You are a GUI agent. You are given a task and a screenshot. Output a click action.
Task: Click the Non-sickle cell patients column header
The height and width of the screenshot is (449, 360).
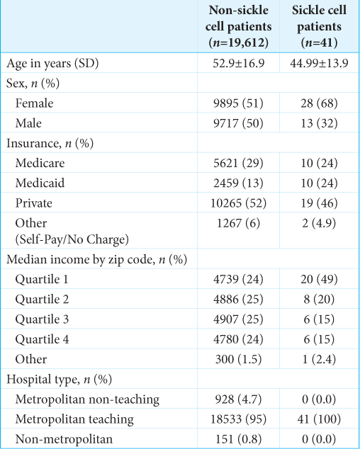[x=239, y=26]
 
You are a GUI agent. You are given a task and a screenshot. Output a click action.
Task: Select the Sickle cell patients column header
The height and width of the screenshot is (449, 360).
[x=319, y=26]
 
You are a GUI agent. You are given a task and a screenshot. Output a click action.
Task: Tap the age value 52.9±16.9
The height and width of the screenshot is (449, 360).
[x=239, y=63]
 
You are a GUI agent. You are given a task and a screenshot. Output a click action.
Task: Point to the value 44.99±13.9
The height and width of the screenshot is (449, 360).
[x=319, y=63]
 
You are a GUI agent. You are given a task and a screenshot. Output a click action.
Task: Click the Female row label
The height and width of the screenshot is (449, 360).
[x=34, y=103]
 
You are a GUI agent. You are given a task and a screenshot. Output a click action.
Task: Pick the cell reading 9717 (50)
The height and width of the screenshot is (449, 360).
[x=239, y=123]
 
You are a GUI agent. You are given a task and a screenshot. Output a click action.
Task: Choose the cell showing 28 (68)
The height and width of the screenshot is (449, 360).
[x=319, y=103]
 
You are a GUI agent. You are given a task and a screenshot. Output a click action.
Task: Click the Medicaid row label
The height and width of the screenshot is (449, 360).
[x=40, y=183]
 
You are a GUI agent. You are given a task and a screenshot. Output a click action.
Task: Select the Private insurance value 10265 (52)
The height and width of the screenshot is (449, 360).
[x=239, y=203]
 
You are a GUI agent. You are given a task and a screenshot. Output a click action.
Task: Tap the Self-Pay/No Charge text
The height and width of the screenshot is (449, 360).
[x=72, y=239]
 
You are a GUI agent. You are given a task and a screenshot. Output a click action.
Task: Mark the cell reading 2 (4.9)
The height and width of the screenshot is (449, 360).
[x=319, y=223]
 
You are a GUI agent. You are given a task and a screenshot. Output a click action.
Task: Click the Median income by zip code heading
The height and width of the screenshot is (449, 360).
[x=96, y=259]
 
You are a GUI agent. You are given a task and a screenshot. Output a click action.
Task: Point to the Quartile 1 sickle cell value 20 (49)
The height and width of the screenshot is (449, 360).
[x=319, y=279]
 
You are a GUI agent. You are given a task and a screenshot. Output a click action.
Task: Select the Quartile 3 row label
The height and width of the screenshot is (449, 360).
[x=42, y=319]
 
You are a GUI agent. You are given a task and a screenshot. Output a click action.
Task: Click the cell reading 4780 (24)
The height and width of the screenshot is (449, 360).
[x=239, y=339]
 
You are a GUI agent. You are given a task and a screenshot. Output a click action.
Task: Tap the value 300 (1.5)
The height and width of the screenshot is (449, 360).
[x=239, y=359]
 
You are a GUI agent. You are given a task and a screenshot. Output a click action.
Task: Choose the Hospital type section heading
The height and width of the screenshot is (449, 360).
[x=59, y=379]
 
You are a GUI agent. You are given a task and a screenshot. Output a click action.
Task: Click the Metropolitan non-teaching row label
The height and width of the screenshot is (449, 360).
[x=87, y=399]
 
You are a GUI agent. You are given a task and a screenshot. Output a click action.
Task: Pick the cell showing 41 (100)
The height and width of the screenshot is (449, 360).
[x=319, y=419]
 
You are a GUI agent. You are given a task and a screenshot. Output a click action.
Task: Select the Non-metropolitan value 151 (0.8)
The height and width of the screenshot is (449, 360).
[x=239, y=439]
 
